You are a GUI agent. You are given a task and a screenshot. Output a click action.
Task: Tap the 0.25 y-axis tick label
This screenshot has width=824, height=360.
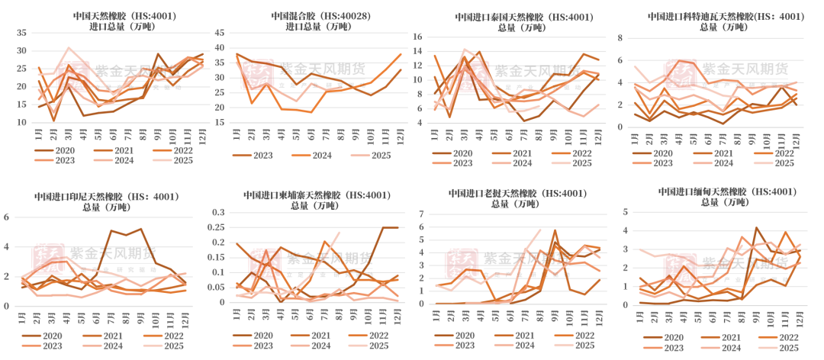coord(216,228)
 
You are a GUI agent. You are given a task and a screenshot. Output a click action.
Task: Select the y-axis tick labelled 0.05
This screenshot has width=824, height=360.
coord(216,287)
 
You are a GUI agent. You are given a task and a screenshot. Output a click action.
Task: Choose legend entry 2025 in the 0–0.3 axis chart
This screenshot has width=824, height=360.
coord(375,345)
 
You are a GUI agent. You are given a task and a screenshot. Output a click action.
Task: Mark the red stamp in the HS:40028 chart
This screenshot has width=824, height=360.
coord(257,75)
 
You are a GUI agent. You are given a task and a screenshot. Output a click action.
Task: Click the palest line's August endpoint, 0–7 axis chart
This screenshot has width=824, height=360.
coord(540,228)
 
